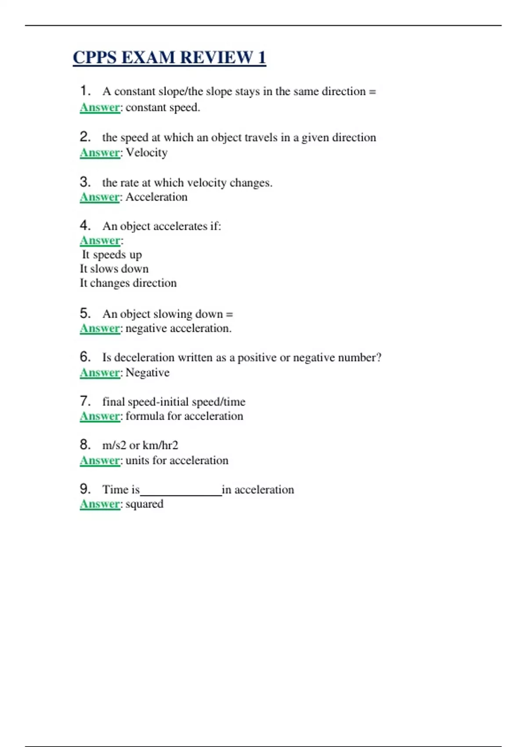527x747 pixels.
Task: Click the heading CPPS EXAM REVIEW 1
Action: click(169, 58)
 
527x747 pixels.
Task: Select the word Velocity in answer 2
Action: click(146, 152)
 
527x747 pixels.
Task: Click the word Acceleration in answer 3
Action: click(156, 197)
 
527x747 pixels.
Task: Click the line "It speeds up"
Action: click(112, 254)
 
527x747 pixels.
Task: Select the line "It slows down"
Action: click(114, 268)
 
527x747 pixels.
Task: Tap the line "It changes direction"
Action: click(128, 283)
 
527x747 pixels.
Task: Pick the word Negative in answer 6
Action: click(147, 373)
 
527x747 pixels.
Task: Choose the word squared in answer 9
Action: click(144, 504)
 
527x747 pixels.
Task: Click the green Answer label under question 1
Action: click(100, 107)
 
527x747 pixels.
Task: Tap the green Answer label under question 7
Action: click(100, 416)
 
